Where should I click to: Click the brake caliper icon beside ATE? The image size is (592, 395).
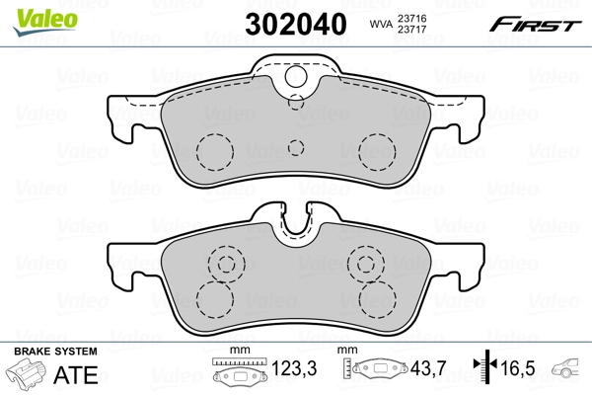(28, 375)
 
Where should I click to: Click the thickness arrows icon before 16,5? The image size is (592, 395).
(483, 369)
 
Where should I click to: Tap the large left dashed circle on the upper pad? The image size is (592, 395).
(213, 150)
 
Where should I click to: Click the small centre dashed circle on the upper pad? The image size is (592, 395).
(294, 148)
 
